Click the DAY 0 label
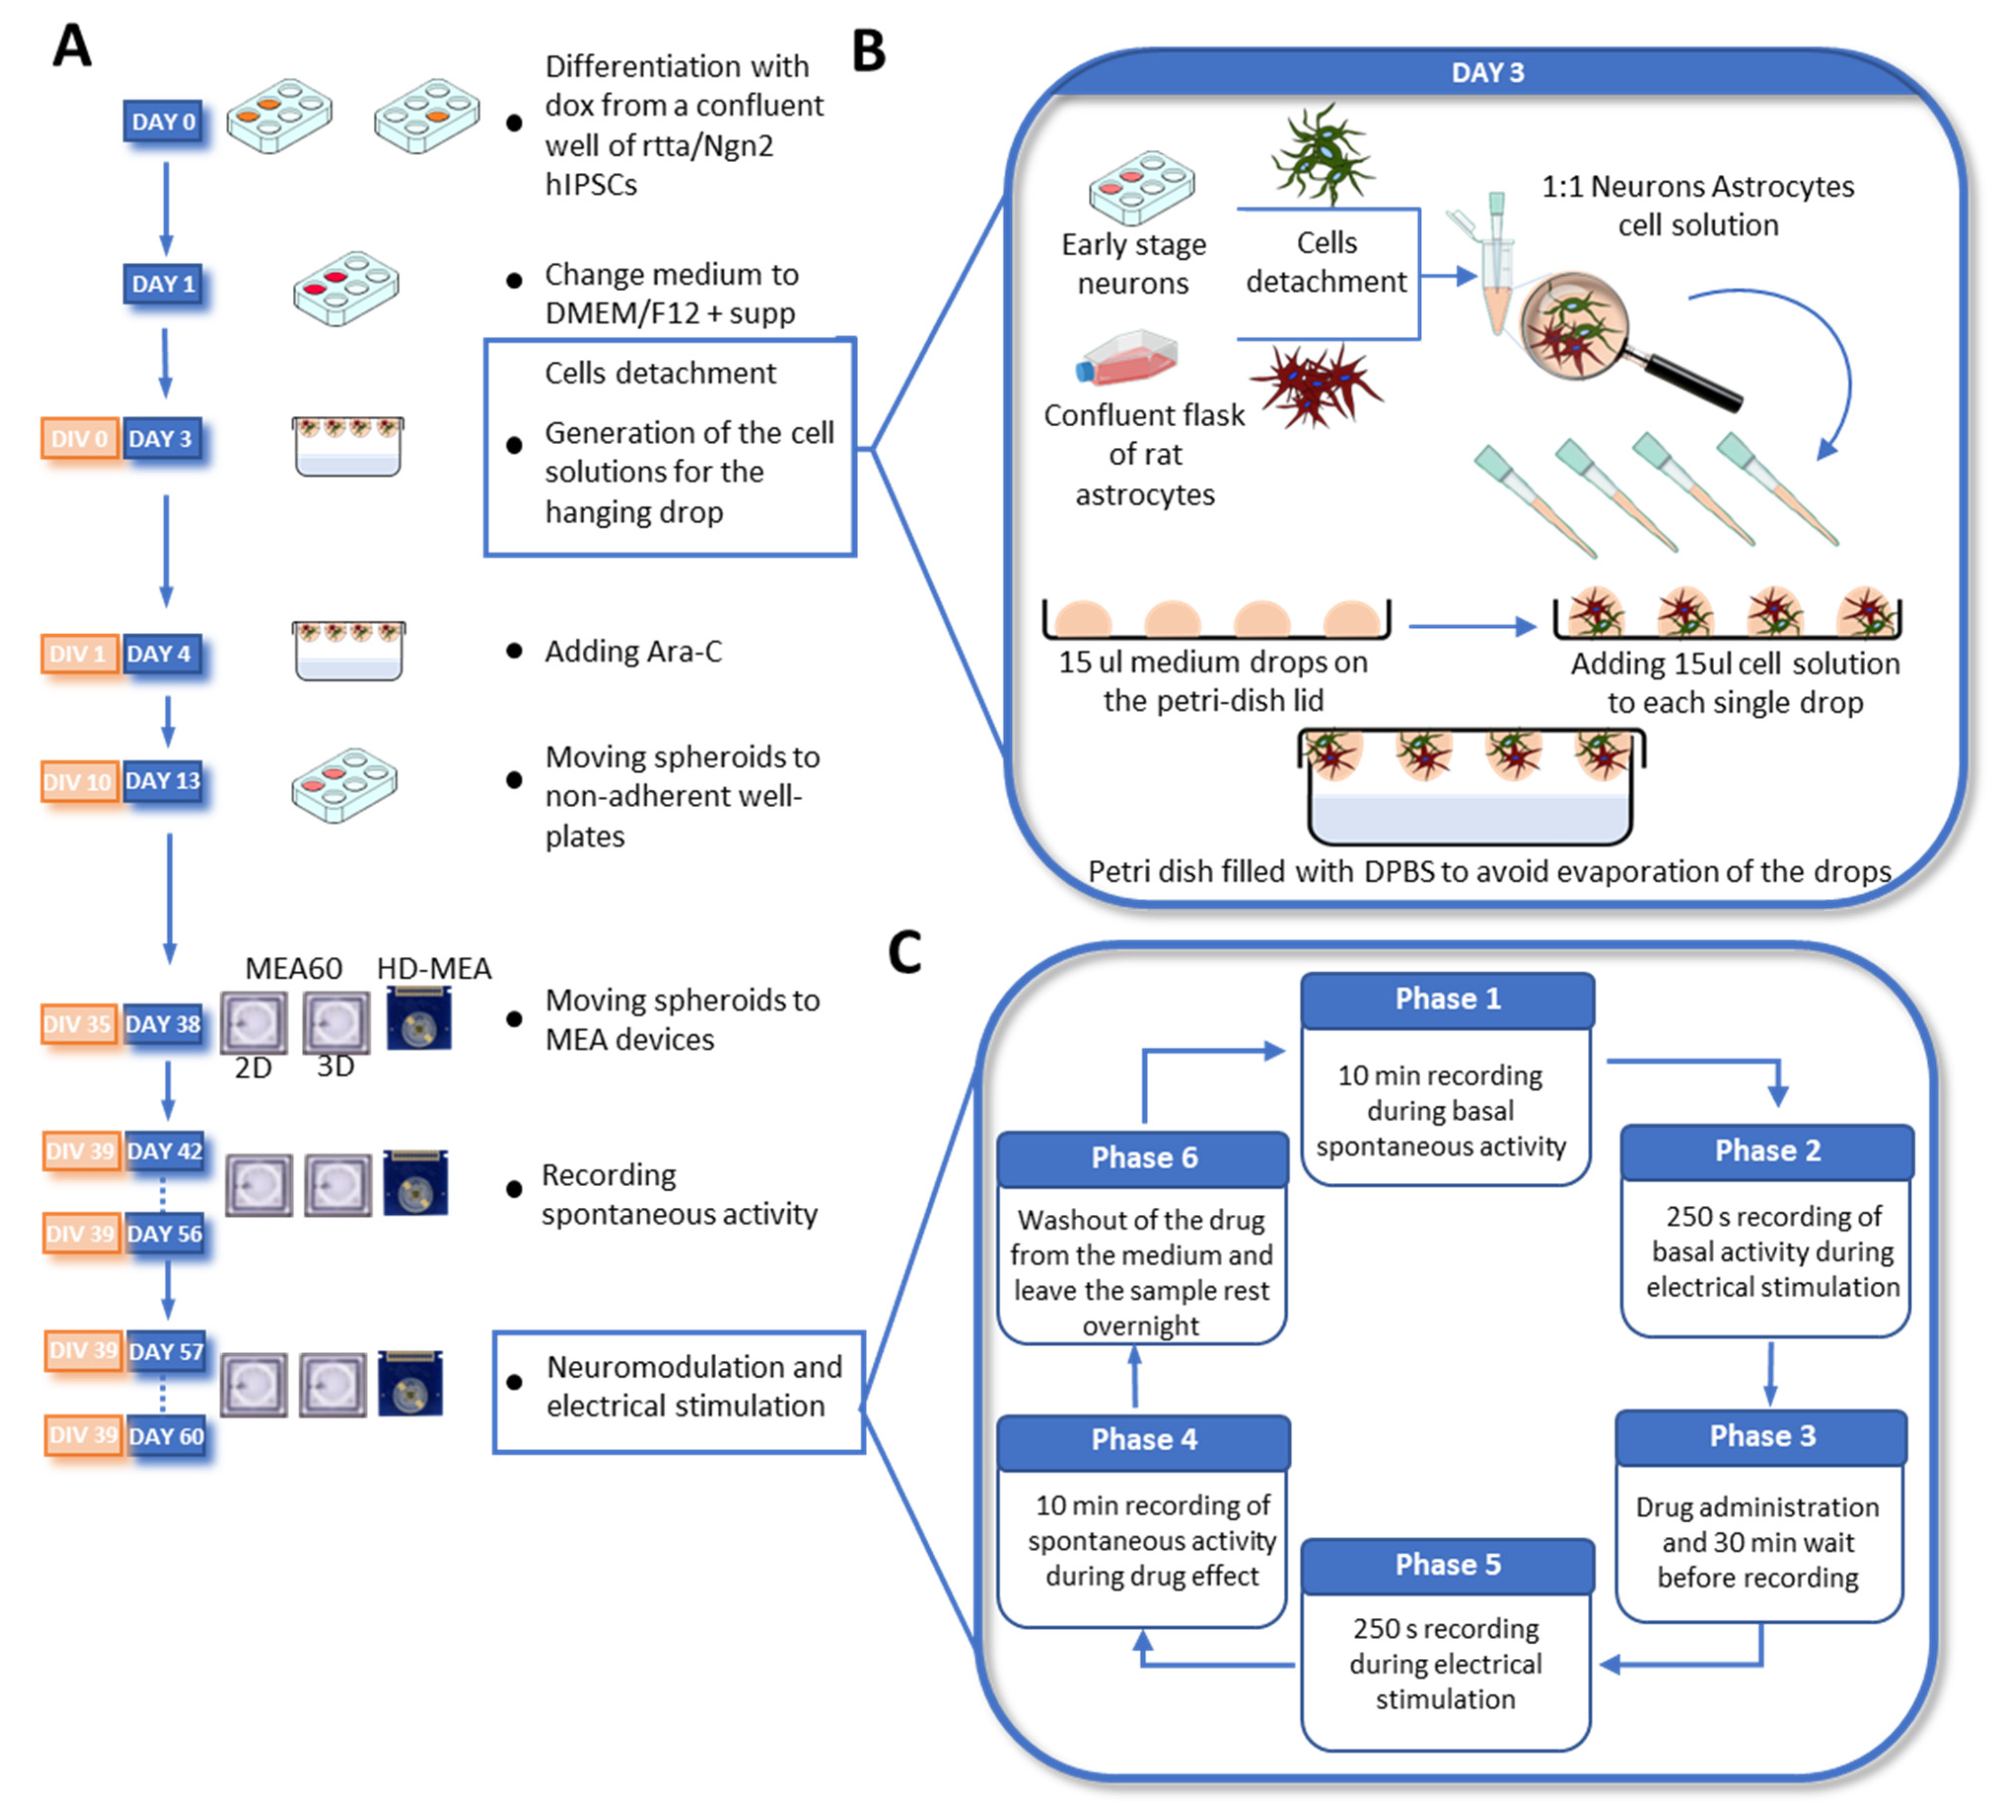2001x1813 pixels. coord(164,121)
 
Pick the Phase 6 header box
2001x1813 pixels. coord(1143,1157)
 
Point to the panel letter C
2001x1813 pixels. coord(904,953)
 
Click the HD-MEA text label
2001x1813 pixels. coord(434,968)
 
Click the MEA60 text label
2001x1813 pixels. coord(294,968)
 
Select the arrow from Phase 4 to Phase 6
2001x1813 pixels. coord(1134,1379)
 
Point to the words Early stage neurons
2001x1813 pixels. coord(1133,263)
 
